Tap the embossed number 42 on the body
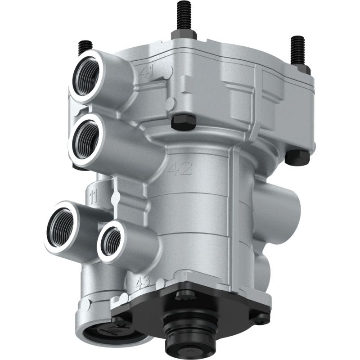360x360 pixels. [180, 170]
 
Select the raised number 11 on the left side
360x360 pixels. [94, 196]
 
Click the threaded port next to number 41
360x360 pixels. [86, 74]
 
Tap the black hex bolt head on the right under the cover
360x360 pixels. [297, 156]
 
